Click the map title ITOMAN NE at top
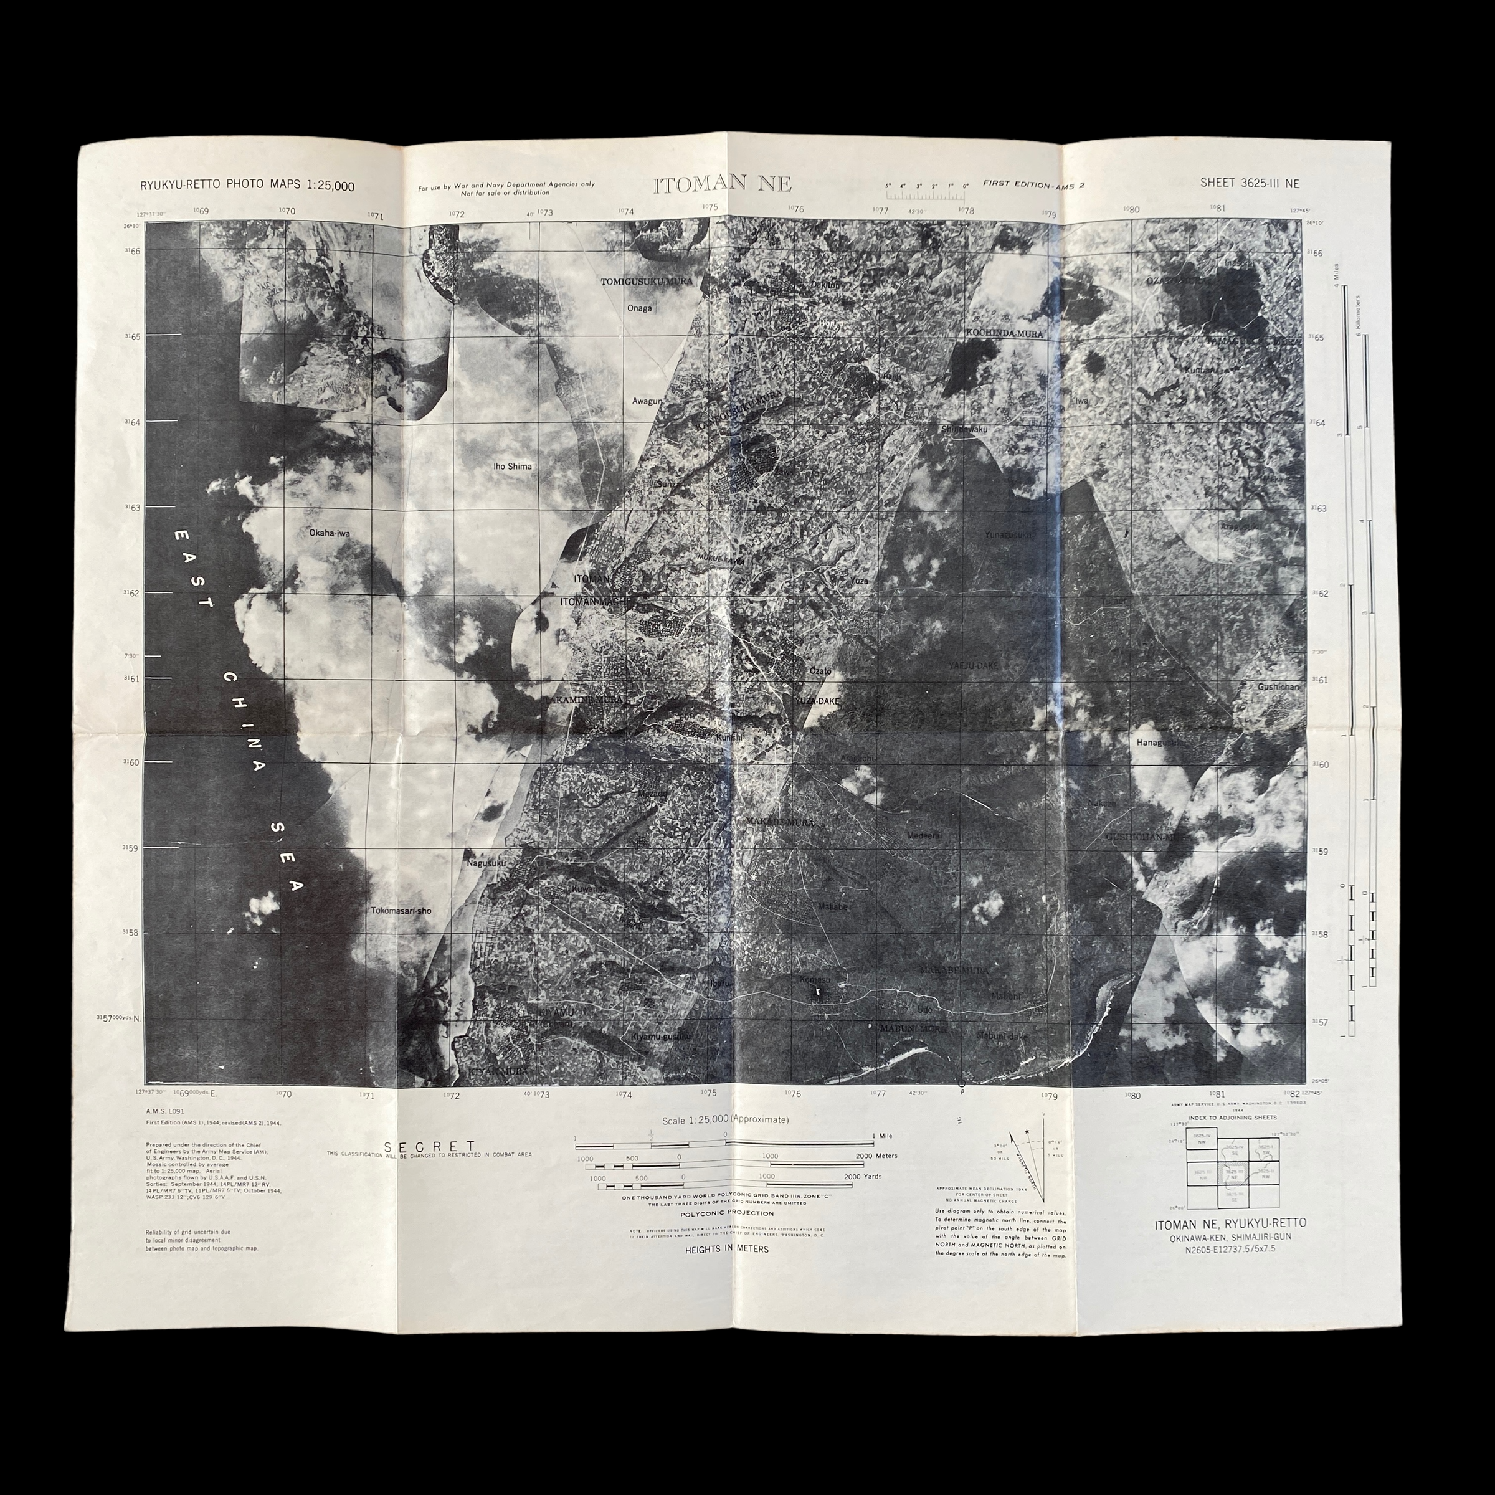(x=723, y=185)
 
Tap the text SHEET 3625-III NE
(x=1250, y=183)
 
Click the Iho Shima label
(x=512, y=467)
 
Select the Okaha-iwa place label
(x=330, y=533)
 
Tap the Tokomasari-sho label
(x=401, y=911)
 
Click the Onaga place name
(x=639, y=308)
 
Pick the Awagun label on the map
(x=648, y=401)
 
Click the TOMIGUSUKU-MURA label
(x=647, y=282)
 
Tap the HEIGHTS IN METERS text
(x=726, y=1249)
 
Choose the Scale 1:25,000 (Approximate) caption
(x=726, y=1120)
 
